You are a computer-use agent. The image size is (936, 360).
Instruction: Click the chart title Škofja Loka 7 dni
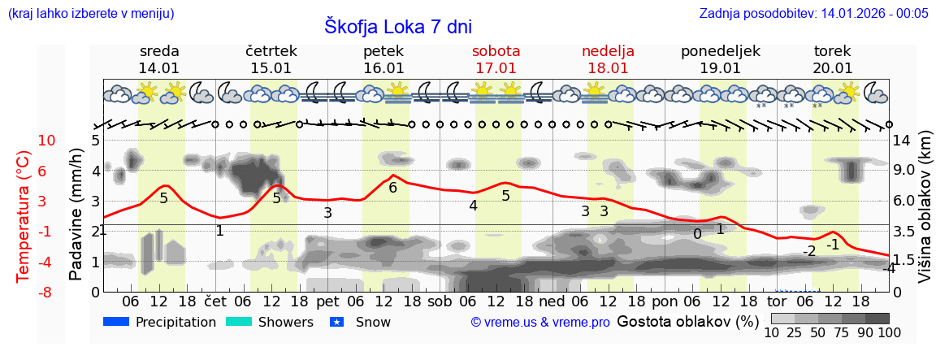coord(398,26)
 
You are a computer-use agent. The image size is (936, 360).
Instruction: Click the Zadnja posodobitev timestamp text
coord(813,14)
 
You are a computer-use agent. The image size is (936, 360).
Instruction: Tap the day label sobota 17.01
coord(496,59)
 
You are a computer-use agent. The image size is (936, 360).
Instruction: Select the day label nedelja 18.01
coord(608,59)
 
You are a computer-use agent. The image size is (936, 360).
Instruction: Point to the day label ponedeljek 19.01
coord(720,59)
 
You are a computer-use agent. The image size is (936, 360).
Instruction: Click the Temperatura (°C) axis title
coord(24,215)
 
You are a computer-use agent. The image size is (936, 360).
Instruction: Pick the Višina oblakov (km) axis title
coord(925,215)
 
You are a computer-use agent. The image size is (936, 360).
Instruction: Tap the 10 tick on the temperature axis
coord(47,141)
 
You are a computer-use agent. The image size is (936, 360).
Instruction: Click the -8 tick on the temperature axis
coord(47,292)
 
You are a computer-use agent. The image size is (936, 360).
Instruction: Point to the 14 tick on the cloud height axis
coord(902,141)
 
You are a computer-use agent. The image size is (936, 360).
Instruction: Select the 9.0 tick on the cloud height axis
coord(906,171)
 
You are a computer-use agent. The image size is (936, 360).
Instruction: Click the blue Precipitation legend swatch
coord(116,322)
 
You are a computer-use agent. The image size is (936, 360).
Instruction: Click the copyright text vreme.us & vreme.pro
coord(540,323)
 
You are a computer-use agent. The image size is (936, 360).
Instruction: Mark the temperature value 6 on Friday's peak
coord(393,188)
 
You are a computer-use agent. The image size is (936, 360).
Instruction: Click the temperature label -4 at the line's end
coord(889,267)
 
